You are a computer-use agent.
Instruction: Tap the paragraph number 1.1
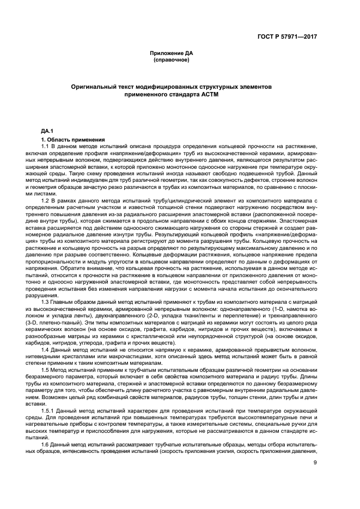click(x=45, y=146)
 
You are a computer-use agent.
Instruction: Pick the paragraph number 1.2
click(x=45, y=201)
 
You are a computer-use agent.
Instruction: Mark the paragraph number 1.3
click(x=45, y=302)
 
